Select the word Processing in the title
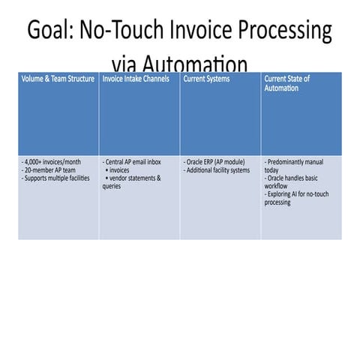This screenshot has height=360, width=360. (x=284, y=33)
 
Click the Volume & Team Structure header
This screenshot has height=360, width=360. (x=58, y=78)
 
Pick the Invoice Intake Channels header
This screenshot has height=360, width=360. (x=136, y=78)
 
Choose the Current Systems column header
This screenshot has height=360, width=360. (x=206, y=78)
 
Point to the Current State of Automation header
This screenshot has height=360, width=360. (x=286, y=82)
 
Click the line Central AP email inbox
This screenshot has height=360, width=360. (x=136, y=161)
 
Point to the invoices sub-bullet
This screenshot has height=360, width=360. (x=122, y=170)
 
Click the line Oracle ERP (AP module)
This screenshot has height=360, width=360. (x=213, y=161)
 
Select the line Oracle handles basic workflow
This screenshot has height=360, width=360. (x=292, y=182)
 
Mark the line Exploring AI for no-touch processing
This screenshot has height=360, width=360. (x=293, y=199)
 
